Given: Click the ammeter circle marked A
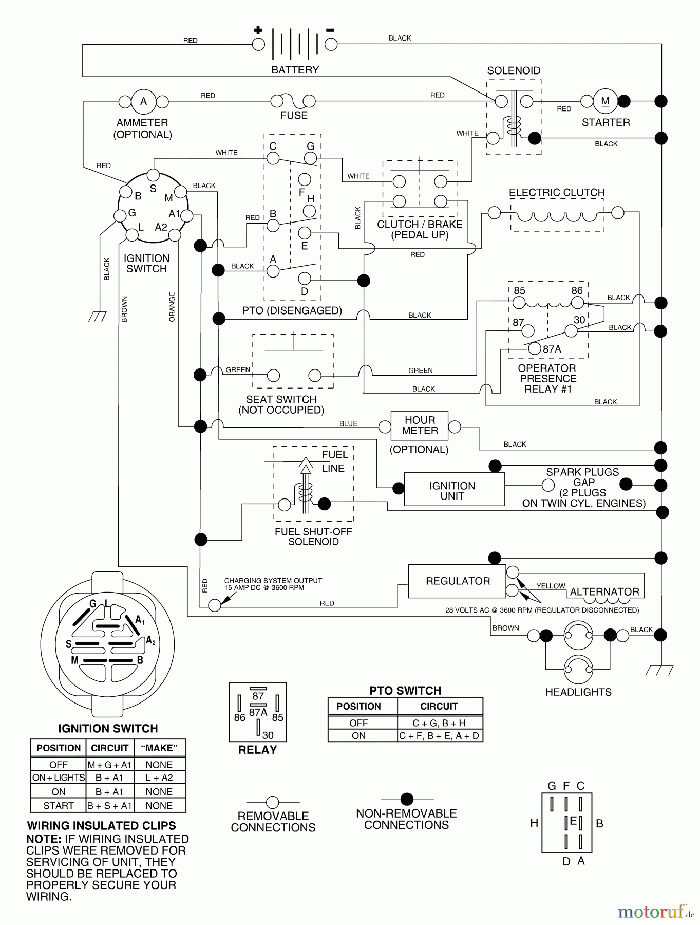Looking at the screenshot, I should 143,101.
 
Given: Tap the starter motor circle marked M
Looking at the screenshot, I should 606,101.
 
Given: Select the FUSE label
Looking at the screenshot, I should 294,116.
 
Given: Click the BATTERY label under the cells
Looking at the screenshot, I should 295,70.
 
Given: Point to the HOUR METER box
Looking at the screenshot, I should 420,425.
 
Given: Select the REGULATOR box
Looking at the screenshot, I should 457,581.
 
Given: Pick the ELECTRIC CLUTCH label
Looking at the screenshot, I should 557,193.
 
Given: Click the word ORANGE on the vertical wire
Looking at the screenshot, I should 172,307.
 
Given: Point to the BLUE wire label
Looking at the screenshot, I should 348,423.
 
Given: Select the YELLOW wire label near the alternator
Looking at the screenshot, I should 551,586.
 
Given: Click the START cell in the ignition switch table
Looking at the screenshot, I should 59,805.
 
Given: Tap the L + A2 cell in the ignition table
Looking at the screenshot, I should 159,778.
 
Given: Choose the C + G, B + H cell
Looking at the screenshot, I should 440,723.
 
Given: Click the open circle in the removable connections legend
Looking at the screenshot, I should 273,802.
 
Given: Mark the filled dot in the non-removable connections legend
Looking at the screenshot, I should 407,799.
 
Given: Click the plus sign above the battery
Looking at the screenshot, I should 258,30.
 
